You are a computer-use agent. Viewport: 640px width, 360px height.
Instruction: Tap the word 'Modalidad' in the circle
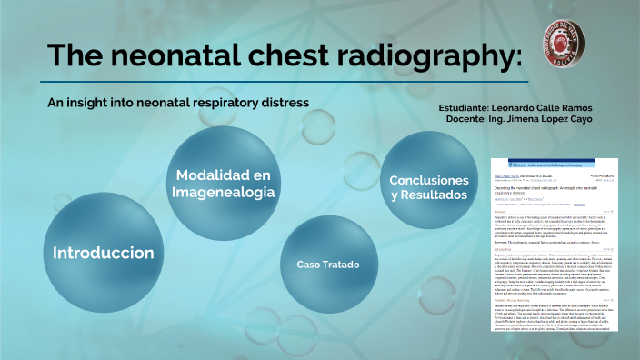point(223,175)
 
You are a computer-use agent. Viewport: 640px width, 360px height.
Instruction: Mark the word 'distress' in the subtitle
point(285,102)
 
